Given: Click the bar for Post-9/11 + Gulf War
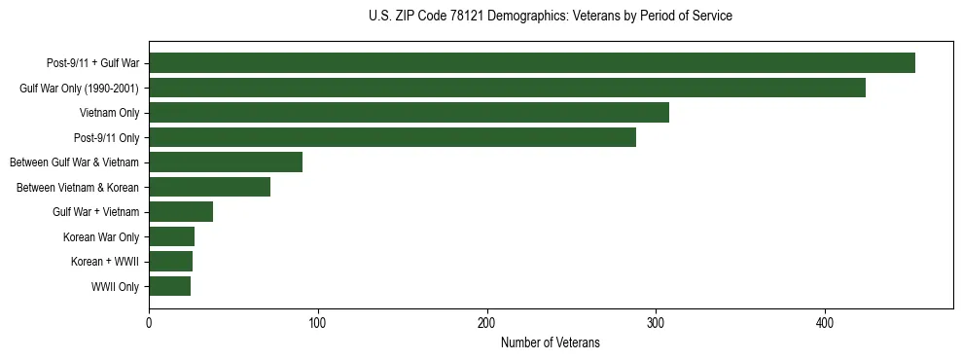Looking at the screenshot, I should (532, 63).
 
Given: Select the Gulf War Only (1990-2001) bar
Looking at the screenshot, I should (507, 89).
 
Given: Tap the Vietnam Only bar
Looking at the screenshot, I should (409, 113).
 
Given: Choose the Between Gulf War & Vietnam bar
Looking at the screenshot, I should (226, 162).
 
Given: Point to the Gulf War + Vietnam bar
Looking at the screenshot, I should (181, 212).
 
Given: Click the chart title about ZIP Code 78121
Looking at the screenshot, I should (551, 17).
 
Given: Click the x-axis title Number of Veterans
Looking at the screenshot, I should (551, 343).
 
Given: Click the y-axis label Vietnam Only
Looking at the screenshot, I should (109, 113).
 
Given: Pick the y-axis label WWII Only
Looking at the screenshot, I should (115, 286).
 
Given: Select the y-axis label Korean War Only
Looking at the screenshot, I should (101, 236).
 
